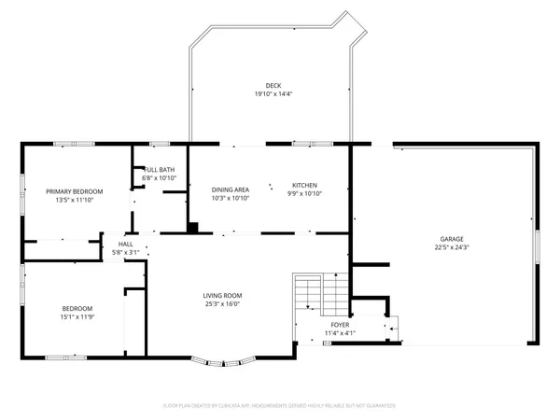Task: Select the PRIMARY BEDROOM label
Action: click(75, 190)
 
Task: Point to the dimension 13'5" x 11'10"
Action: click(75, 199)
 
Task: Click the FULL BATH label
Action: click(159, 170)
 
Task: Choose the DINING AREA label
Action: click(230, 189)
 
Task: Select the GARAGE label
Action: click(452, 239)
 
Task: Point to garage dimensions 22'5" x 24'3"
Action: click(452, 247)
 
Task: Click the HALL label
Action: click(125, 245)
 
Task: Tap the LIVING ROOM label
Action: click(222, 295)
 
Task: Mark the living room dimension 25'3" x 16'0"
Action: click(222, 303)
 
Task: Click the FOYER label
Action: click(340, 324)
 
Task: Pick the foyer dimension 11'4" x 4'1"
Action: click(340, 332)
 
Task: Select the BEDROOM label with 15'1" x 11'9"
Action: click(77, 308)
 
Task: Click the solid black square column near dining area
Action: click(193, 226)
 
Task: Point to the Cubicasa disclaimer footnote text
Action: click(280, 406)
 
